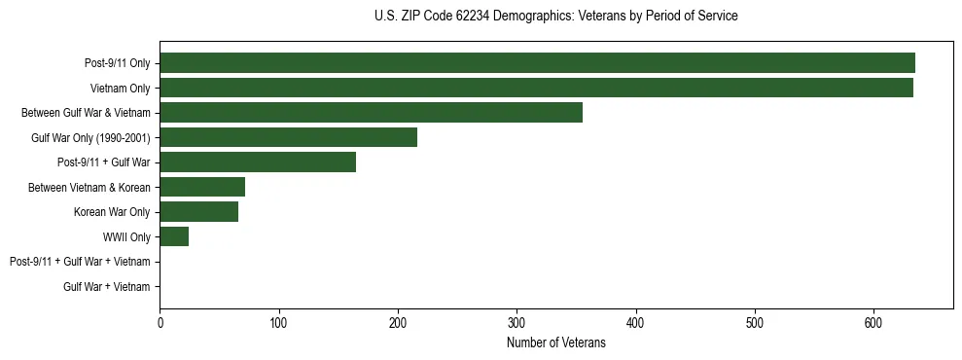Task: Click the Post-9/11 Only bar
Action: pos(537,63)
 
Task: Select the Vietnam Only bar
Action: pos(536,88)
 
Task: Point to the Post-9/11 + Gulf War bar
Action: pos(258,162)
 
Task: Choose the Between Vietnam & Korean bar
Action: pos(202,187)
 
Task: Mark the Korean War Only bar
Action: pos(198,212)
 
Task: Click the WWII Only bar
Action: pos(174,236)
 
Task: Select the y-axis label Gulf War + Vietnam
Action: pos(107,287)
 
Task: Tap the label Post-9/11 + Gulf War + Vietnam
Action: pos(80,262)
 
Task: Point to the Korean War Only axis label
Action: pos(112,212)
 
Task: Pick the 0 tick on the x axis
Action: pos(160,322)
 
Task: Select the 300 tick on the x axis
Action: pos(517,322)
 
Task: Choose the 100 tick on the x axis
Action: pos(279,322)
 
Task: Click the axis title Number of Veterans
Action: pos(555,342)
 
